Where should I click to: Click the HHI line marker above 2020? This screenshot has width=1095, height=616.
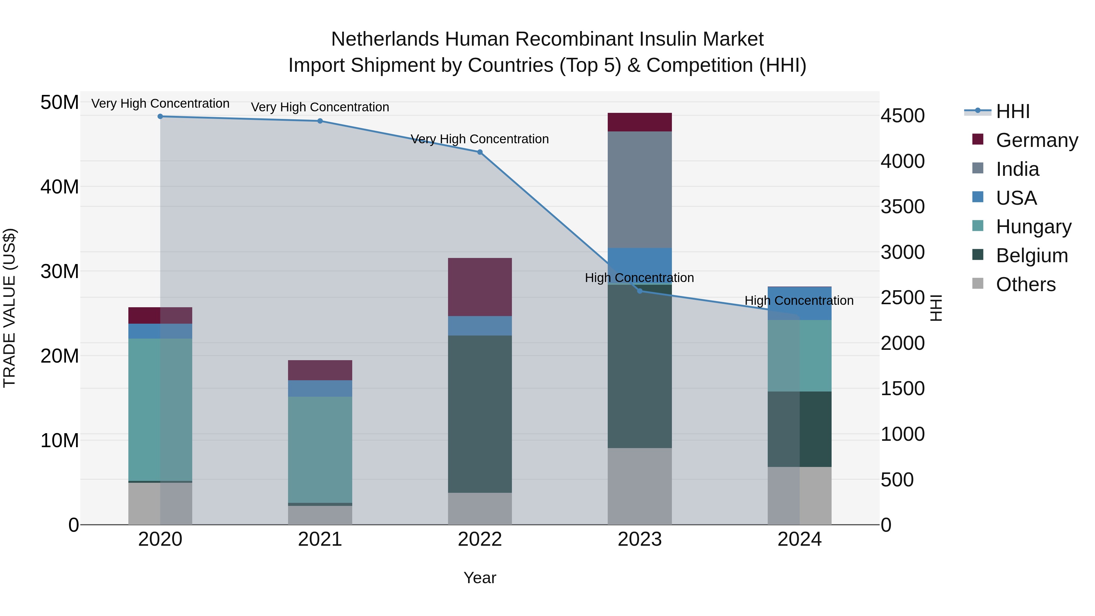(160, 117)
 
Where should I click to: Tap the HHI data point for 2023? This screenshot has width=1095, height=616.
(640, 291)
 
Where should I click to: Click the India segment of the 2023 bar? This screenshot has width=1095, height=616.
(640, 189)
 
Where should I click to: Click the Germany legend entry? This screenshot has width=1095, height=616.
(1036, 140)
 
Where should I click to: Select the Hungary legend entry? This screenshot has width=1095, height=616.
(1033, 227)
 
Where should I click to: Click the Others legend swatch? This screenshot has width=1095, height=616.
(978, 284)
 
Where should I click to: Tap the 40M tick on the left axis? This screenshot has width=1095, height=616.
(60, 187)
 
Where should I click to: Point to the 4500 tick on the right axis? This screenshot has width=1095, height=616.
(902, 116)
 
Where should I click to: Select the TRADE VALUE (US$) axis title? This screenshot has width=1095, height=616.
(9, 308)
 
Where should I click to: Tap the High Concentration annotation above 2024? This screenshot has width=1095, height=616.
(799, 301)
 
